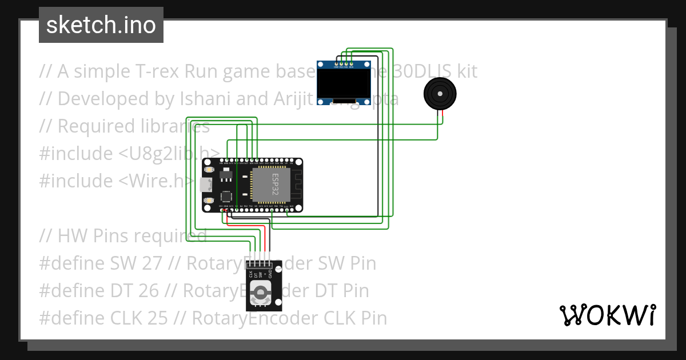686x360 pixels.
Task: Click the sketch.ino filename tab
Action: (101, 25)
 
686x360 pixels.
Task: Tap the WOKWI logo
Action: (607, 315)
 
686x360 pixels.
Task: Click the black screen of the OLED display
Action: (344, 85)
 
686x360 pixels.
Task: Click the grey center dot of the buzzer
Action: (440, 93)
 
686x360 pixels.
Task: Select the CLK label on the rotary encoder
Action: (252, 274)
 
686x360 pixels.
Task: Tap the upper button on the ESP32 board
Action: (209, 171)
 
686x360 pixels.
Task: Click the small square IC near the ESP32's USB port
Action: (226, 195)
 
